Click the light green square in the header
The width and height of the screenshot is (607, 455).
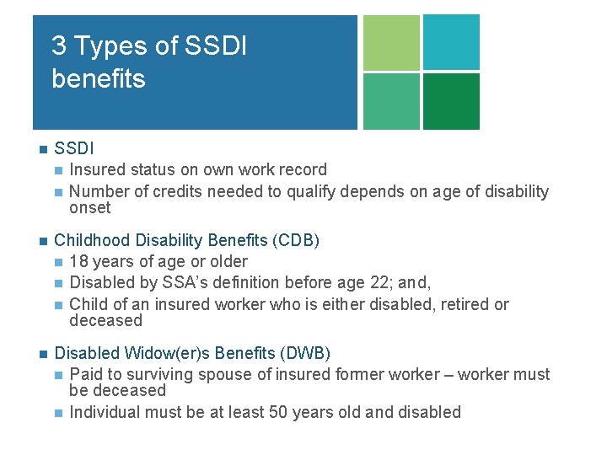click(390, 42)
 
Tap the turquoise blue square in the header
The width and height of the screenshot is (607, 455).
click(451, 42)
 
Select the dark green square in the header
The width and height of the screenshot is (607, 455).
click(451, 101)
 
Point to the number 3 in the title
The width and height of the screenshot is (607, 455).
click(58, 45)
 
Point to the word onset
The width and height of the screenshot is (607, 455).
click(89, 207)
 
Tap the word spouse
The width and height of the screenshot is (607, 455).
click(201, 374)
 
